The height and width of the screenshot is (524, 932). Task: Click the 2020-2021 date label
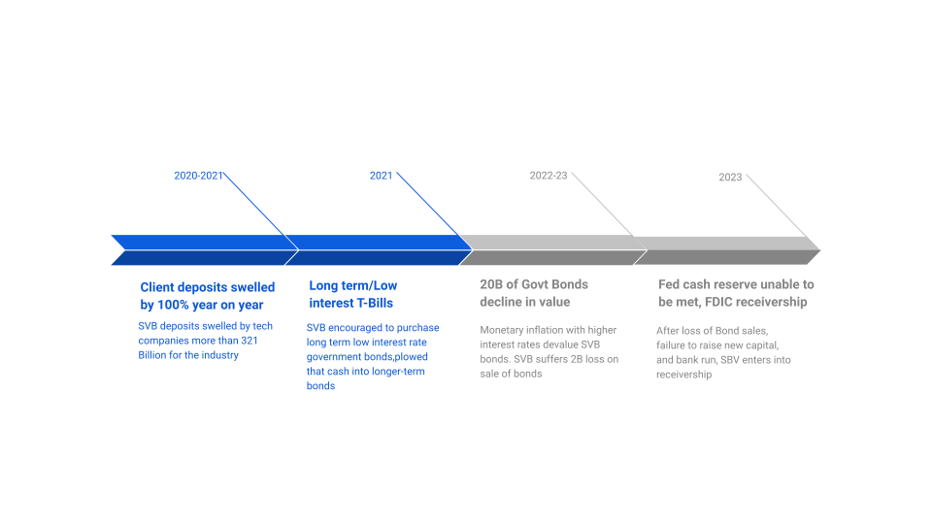pos(198,176)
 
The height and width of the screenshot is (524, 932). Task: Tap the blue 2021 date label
pos(381,176)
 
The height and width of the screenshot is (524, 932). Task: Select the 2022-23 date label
pos(549,176)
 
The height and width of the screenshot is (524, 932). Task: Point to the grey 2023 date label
pos(730,177)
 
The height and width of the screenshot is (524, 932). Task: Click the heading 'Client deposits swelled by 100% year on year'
pos(208,295)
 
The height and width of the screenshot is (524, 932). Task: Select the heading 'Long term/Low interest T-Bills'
pos(352,294)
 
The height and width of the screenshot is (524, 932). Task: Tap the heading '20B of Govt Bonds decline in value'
pos(534,293)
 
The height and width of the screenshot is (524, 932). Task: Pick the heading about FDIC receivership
pos(736,293)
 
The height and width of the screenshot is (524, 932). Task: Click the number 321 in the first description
pos(247,341)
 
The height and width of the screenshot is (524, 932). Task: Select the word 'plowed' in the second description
pos(409,357)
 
